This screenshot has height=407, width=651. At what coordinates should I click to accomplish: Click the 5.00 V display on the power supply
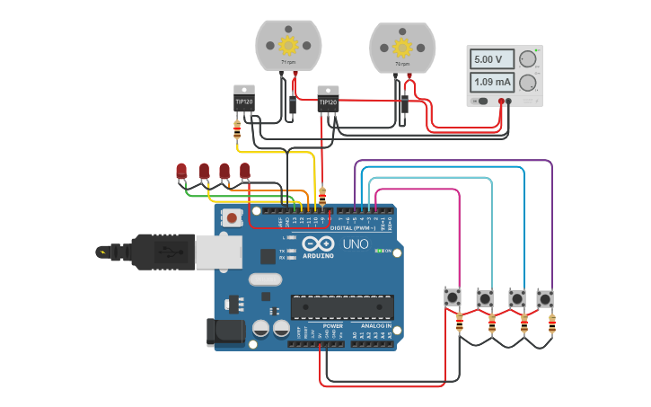point(491,59)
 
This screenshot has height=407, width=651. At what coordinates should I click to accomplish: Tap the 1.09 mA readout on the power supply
point(491,83)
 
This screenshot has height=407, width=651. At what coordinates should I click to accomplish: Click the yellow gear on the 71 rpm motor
point(288,45)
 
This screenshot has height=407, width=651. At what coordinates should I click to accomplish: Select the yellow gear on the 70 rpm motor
point(401,47)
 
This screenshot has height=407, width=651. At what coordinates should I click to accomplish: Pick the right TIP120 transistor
point(328,100)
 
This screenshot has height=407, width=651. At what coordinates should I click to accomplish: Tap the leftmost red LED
point(181,169)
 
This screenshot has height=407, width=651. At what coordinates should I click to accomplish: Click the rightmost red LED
point(244,169)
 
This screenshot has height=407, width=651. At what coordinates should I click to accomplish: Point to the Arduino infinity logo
point(318,243)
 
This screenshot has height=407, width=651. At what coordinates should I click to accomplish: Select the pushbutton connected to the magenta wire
point(453,296)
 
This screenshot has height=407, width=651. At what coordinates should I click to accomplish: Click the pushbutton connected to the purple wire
point(545,297)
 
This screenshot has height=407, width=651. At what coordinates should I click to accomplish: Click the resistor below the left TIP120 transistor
point(237,131)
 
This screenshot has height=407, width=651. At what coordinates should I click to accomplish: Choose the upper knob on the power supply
point(528,59)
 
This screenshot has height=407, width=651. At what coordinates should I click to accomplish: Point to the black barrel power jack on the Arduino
point(225,332)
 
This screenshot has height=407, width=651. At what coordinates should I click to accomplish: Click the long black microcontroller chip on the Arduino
point(341,307)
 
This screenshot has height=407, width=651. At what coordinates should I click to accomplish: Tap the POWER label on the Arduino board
point(332,325)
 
